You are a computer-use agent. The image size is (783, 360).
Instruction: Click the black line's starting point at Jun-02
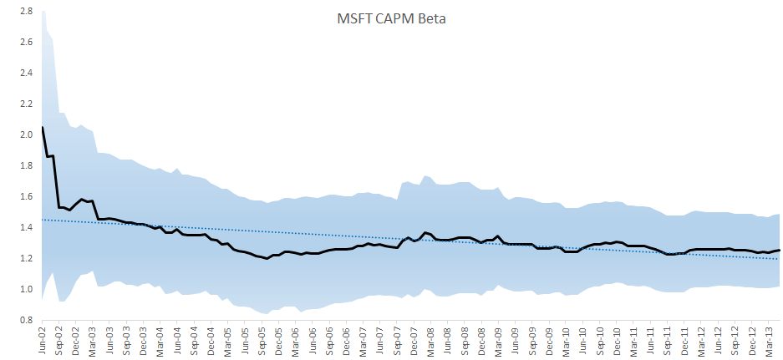(42, 127)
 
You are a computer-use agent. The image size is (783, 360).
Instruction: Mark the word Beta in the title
(431, 19)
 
